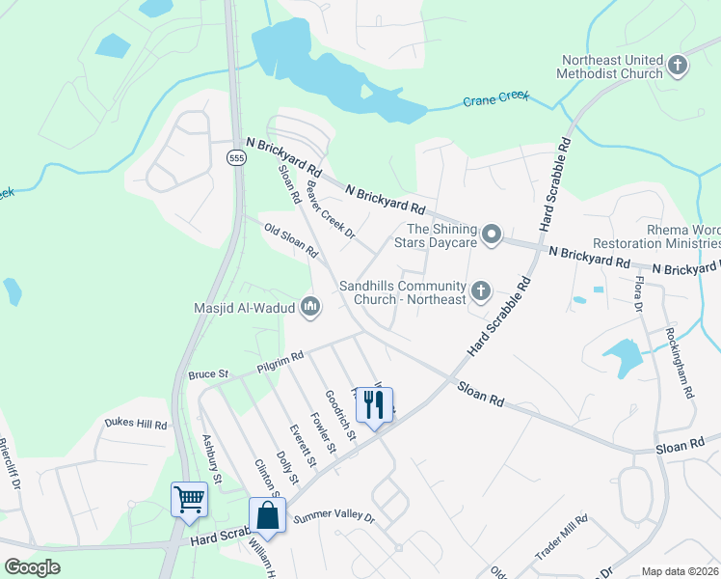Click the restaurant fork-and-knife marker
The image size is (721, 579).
[375, 405]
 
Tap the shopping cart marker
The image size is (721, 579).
[189, 500]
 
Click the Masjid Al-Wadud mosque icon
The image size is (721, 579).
[310, 308]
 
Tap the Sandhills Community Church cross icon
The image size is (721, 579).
[480, 290]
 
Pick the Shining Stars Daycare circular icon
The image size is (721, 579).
[492, 234]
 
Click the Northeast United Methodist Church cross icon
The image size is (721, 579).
[678, 66]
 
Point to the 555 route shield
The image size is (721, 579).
[236, 157]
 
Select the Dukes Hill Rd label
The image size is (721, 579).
[136, 424]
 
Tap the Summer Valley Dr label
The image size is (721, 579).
[333, 518]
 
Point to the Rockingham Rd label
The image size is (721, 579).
[680, 363]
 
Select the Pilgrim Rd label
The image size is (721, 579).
[280, 361]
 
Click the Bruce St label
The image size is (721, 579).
[207, 373]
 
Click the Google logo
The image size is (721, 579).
[32, 567]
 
